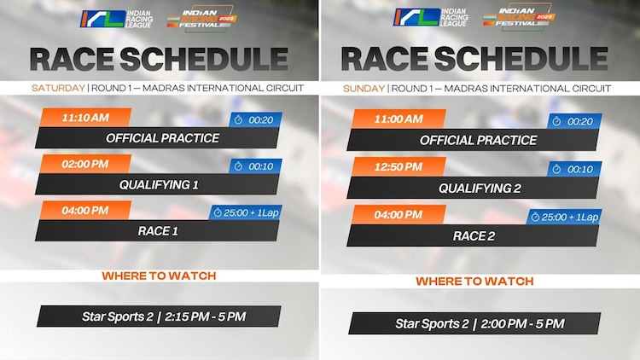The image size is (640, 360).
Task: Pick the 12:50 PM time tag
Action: click(x=398, y=166)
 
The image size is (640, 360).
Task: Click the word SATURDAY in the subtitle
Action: click(x=58, y=88)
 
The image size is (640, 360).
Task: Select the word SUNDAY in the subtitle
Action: click(x=364, y=89)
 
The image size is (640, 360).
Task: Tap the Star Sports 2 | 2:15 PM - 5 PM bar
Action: click(x=162, y=316)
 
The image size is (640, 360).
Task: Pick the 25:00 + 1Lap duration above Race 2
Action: click(x=563, y=217)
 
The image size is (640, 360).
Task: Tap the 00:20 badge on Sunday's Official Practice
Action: click(x=574, y=121)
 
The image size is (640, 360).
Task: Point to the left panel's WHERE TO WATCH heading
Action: click(x=159, y=276)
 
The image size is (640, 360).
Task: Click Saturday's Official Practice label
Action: click(x=162, y=137)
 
